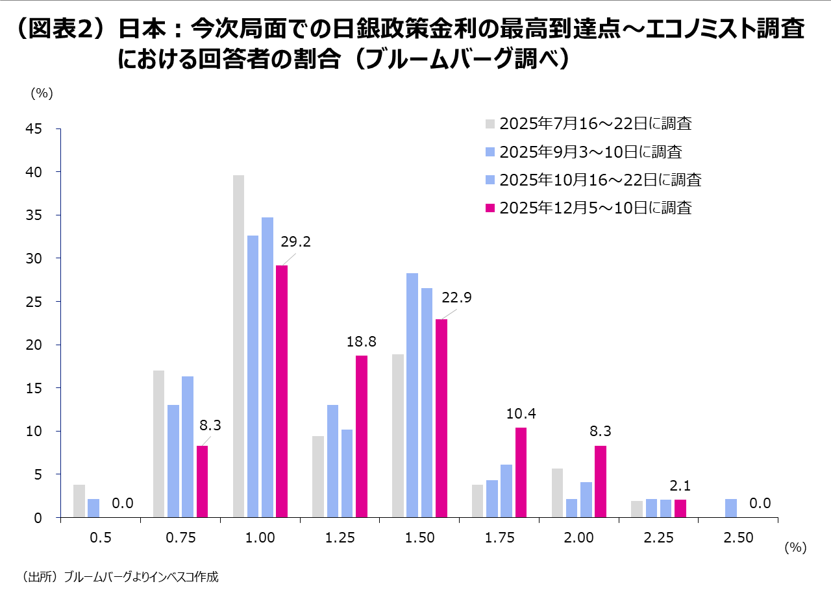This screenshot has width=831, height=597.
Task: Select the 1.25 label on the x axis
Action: pos(340,537)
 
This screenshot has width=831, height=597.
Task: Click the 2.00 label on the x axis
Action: pos(579,537)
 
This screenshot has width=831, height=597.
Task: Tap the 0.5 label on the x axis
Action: pos(101,537)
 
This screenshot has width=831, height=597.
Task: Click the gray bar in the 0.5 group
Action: pos(79,501)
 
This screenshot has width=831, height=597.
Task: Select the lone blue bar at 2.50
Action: pos(731,508)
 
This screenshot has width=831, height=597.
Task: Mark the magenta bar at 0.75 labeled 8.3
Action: pos(202,481)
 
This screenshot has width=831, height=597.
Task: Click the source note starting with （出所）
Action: pos(120,576)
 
